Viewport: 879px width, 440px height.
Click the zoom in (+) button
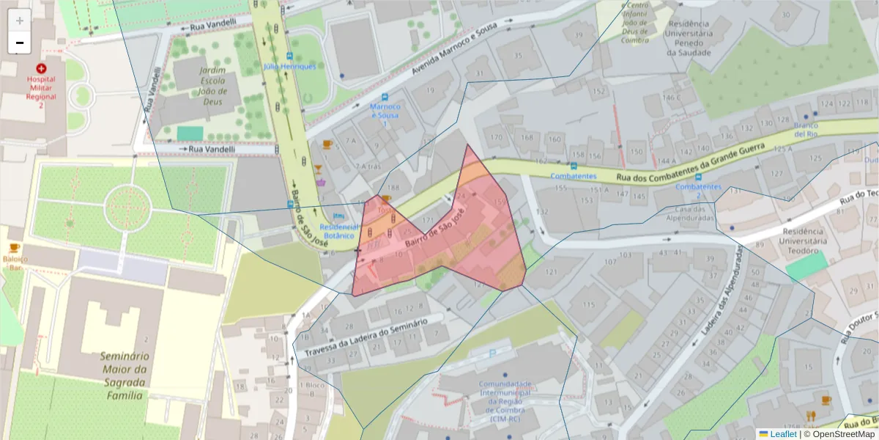coord(20,21)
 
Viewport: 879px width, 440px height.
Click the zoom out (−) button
coord(20,43)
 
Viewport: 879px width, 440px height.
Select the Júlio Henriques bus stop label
coord(290,66)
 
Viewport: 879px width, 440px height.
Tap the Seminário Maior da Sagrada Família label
coord(125,375)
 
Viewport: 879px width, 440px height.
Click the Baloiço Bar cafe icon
coord(14,248)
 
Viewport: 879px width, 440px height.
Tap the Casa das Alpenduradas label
coord(694,213)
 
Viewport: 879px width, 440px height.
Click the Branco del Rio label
coord(806,130)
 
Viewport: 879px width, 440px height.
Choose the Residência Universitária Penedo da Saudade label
coord(689,38)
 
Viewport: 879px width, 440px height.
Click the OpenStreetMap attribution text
coord(839,434)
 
